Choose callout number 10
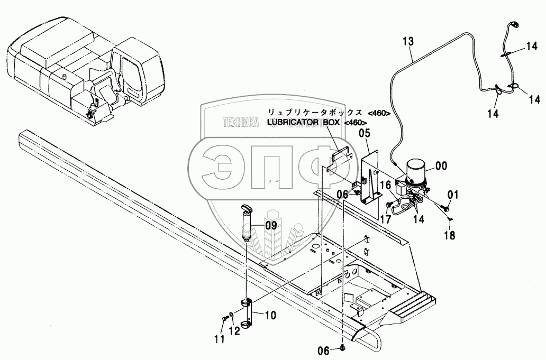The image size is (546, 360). point(270,316)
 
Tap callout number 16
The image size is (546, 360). point(386,185)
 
